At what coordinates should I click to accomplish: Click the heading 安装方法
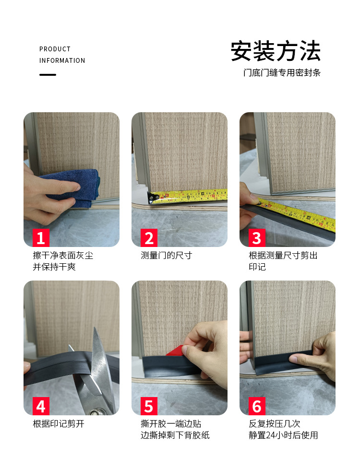[276, 52]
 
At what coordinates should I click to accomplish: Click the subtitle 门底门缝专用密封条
[281, 73]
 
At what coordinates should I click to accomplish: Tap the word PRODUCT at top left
[55, 49]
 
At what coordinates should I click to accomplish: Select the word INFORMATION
[62, 60]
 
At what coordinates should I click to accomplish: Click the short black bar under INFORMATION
[48, 75]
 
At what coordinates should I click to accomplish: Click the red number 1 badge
[41, 238]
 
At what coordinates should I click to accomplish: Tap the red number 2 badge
[149, 238]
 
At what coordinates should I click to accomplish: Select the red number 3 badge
[257, 238]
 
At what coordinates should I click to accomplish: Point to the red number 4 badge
[41, 406]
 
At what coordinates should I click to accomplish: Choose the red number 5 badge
[149, 406]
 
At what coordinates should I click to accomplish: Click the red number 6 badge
[257, 406]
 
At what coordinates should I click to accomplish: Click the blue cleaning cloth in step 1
[72, 187]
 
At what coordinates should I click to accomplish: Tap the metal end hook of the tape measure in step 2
[153, 197]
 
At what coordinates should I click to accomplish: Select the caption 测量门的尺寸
[166, 256]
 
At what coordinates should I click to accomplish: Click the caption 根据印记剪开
[58, 424]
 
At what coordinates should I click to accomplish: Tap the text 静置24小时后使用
[283, 435]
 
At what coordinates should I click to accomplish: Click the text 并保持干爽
[54, 267]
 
